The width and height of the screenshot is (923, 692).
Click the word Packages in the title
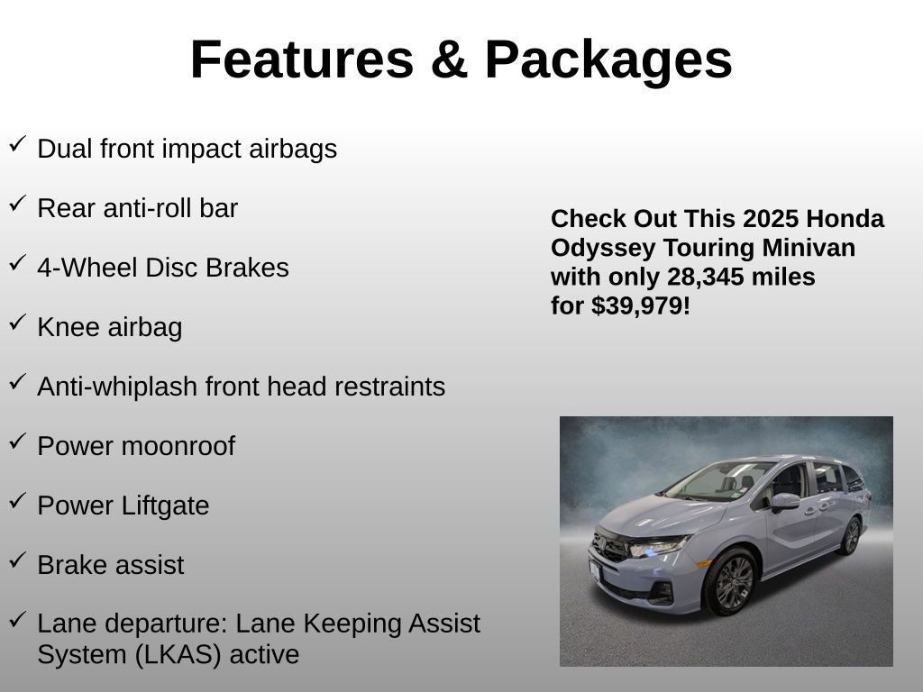(x=608, y=59)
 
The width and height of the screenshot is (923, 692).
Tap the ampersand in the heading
(x=448, y=59)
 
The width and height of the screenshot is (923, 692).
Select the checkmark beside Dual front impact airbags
(x=17, y=144)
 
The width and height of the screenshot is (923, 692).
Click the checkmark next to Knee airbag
(x=17, y=323)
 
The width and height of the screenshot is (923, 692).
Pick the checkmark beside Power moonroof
(x=17, y=442)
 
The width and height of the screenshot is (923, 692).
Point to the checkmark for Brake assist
(x=17, y=560)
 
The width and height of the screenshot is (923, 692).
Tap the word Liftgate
(x=166, y=505)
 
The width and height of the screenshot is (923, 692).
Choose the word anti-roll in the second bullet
(x=135, y=208)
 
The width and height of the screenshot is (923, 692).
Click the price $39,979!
(x=640, y=305)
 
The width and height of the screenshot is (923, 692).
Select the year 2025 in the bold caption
(x=771, y=219)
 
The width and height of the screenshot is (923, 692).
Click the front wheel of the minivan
(x=733, y=581)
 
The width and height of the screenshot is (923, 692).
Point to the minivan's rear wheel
(x=850, y=535)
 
